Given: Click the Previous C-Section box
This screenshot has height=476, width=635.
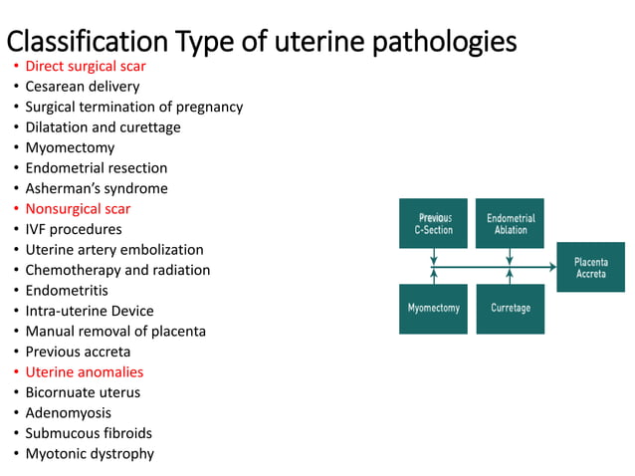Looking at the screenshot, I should click(x=433, y=224).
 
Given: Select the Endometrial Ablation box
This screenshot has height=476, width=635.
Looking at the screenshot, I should click(x=511, y=224).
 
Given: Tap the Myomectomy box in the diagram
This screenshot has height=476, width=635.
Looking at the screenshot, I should click(x=433, y=309).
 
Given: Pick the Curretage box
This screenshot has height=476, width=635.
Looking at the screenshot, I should click(x=511, y=309).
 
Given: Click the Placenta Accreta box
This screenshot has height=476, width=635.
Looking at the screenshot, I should click(x=590, y=267).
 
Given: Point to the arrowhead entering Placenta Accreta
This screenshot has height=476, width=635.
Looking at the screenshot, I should click(x=552, y=267).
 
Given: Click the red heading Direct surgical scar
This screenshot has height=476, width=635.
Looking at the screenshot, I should click(x=86, y=66).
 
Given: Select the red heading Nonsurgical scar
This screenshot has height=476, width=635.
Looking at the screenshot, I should click(x=78, y=209).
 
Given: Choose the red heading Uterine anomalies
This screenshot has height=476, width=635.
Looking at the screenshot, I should click(x=85, y=372).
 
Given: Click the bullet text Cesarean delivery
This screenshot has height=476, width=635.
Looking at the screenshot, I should click(x=83, y=87).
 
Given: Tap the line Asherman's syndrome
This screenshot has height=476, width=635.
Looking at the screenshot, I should click(x=97, y=188).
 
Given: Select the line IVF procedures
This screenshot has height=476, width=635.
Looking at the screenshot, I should click(x=74, y=229).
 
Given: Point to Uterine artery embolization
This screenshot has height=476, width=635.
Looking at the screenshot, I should click(x=114, y=250).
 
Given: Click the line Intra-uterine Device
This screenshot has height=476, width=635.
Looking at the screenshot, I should click(x=90, y=311).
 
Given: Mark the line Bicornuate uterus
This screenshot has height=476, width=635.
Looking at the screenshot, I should click(x=83, y=392).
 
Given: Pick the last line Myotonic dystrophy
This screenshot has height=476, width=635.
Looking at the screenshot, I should click(x=90, y=454).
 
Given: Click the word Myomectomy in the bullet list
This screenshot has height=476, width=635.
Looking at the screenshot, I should click(x=70, y=147).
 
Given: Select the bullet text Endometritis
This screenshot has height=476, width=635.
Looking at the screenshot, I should click(x=69, y=291).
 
